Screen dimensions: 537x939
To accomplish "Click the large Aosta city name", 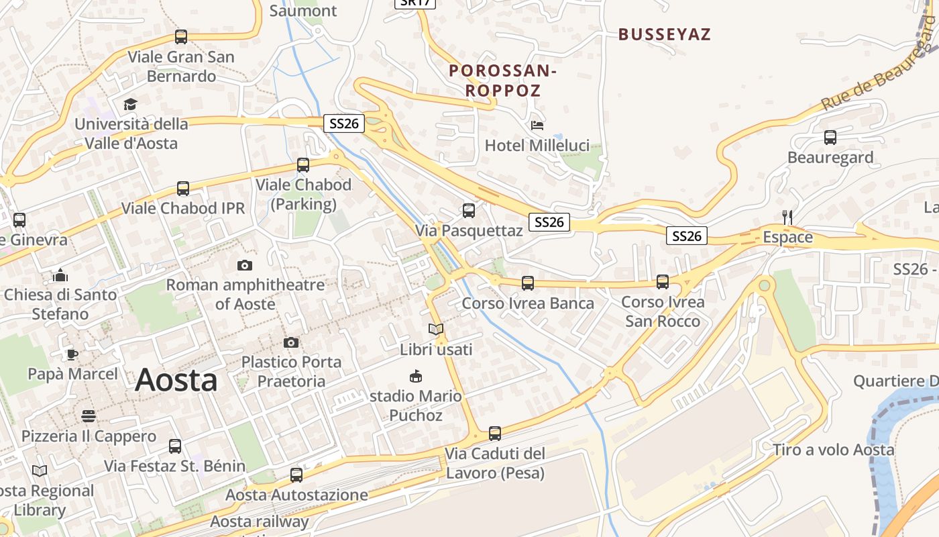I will (x=176, y=381).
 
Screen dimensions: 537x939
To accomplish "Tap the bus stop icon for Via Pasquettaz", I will (x=469, y=211).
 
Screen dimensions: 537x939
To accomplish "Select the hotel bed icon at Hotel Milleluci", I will (x=537, y=125).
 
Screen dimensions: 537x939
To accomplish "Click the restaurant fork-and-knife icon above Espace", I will (x=787, y=217).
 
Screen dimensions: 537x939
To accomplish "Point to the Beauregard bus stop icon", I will (x=830, y=138).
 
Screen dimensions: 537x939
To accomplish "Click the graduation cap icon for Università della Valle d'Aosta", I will (x=130, y=104).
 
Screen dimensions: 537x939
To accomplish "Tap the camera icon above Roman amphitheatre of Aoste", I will (x=245, y=265).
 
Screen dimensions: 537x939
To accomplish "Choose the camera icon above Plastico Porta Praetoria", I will (x=291, y=343).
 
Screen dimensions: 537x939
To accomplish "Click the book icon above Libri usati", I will (x=436, y=330).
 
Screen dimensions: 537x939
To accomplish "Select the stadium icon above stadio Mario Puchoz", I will (x=416, y=376).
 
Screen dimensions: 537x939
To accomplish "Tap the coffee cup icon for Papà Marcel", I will (x=72, y=354).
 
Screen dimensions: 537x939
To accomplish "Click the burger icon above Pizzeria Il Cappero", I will (x=89, y=416).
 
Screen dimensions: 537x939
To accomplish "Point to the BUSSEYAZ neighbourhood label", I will (x=664, y=34).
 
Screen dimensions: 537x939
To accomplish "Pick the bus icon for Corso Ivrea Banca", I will (x=528, y=283).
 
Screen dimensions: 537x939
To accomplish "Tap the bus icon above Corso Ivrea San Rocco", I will (x=663, y=282).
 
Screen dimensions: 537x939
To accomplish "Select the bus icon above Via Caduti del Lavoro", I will (x=495, y=434).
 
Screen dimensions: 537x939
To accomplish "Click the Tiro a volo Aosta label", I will (x=833, y=450).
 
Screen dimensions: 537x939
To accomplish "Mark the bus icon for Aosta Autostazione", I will (x=296, y=475).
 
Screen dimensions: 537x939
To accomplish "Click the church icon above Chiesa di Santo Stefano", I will (x=60, y=275).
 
